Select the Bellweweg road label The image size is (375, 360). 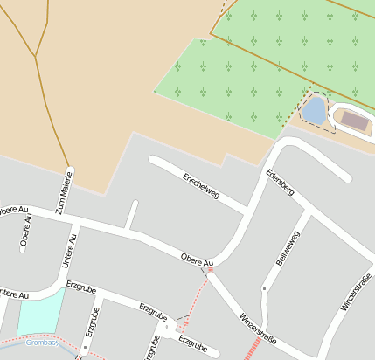point(287,248)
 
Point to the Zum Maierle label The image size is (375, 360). point(62,192)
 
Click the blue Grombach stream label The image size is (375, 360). point(41,342)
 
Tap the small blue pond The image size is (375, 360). point(313,110)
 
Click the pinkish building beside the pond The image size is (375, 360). point(355,121)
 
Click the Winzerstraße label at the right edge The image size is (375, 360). point(357,292)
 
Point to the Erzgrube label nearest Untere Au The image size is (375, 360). point(80,287)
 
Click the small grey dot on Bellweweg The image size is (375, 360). point(264,287)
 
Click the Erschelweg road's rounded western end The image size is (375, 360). point(154,160)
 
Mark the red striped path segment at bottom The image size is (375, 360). point(252,350)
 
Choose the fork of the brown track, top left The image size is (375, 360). point(36,57)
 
